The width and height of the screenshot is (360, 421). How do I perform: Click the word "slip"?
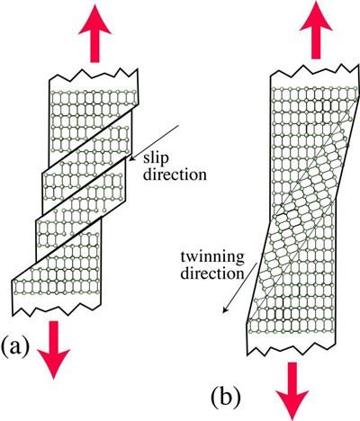[x=156, y=159]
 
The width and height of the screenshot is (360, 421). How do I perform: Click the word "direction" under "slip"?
[x=175, y=175]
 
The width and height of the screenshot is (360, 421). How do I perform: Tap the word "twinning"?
[x=212, y=258]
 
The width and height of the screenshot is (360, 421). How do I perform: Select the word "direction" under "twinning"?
[x=211, y=273]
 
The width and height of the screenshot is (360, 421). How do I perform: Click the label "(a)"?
[x=15, y=347]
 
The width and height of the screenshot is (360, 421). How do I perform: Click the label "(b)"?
[x=226, y=397]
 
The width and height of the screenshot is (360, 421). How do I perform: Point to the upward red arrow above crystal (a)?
[x=94, y=33]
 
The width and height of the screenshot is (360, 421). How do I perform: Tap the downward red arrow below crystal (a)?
[x=53, y=350]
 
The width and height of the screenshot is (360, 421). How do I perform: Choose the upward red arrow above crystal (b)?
[x=316, y=30]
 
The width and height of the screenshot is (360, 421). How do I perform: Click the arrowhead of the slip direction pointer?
[x=130, y=159]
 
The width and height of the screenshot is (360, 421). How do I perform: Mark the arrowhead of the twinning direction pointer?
[x=225, y=310]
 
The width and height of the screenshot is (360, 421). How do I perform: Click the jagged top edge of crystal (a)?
[x=93, y=74]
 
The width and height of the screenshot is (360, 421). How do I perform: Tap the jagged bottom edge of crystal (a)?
[x=57, y=309]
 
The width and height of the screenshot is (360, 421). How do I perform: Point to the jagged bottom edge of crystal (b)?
[x=291, y=349]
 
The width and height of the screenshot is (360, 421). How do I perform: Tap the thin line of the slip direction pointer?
[x=154, y=142]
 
